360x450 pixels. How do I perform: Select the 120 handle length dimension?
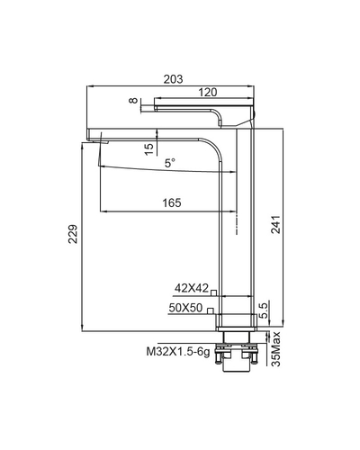click(208, 92)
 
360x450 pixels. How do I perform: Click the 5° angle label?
click(170, 163)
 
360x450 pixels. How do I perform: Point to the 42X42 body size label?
click(191, 289)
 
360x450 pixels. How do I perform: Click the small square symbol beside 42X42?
click(215, 292)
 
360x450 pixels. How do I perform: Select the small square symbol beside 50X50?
click(210, 310)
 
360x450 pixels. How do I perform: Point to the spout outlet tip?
click(95, 140)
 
